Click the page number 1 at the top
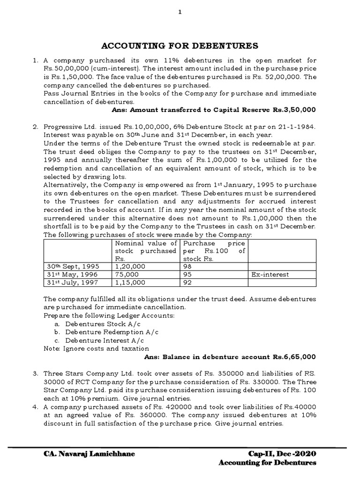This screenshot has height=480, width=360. pos(180,13)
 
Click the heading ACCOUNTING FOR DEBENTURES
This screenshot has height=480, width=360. pos(180,45)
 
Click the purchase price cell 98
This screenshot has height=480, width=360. pos(187,266)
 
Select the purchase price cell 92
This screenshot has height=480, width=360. pos(187,283)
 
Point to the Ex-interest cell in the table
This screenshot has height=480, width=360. pos(270,274)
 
